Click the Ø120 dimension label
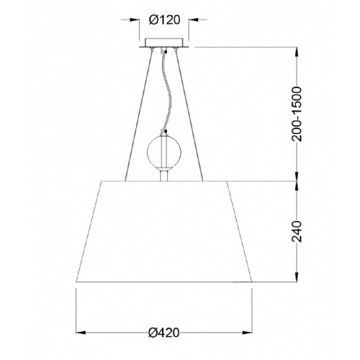click(x=164, y=20)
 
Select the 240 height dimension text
click(x=296, y=231)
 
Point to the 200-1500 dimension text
click(x=296, y=114)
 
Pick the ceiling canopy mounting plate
click(x=164, y=43)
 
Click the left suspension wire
click(x=139, y=114)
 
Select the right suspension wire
click(x=189, y=114)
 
